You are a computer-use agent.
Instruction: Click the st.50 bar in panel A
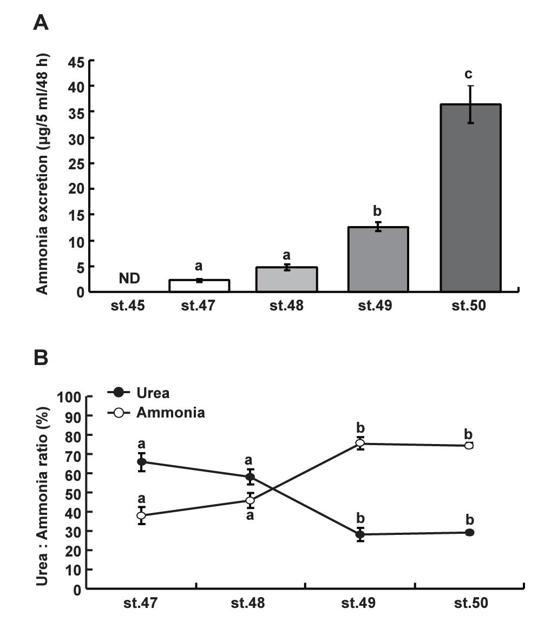(x=470, y=198)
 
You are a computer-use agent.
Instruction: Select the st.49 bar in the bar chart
(x=378, y=260)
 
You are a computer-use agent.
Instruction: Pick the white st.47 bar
(x=199, y=286)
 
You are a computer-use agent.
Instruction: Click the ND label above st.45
(x=129, y=279)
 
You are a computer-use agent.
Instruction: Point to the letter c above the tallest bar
(x=469, y=74)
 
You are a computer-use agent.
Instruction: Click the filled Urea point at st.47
(x=142, y=462)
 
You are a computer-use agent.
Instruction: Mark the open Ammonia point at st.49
(x=360, y=443)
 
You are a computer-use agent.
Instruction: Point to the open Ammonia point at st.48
(x=250, y=500)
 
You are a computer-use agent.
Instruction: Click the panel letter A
(x=41, y=22)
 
